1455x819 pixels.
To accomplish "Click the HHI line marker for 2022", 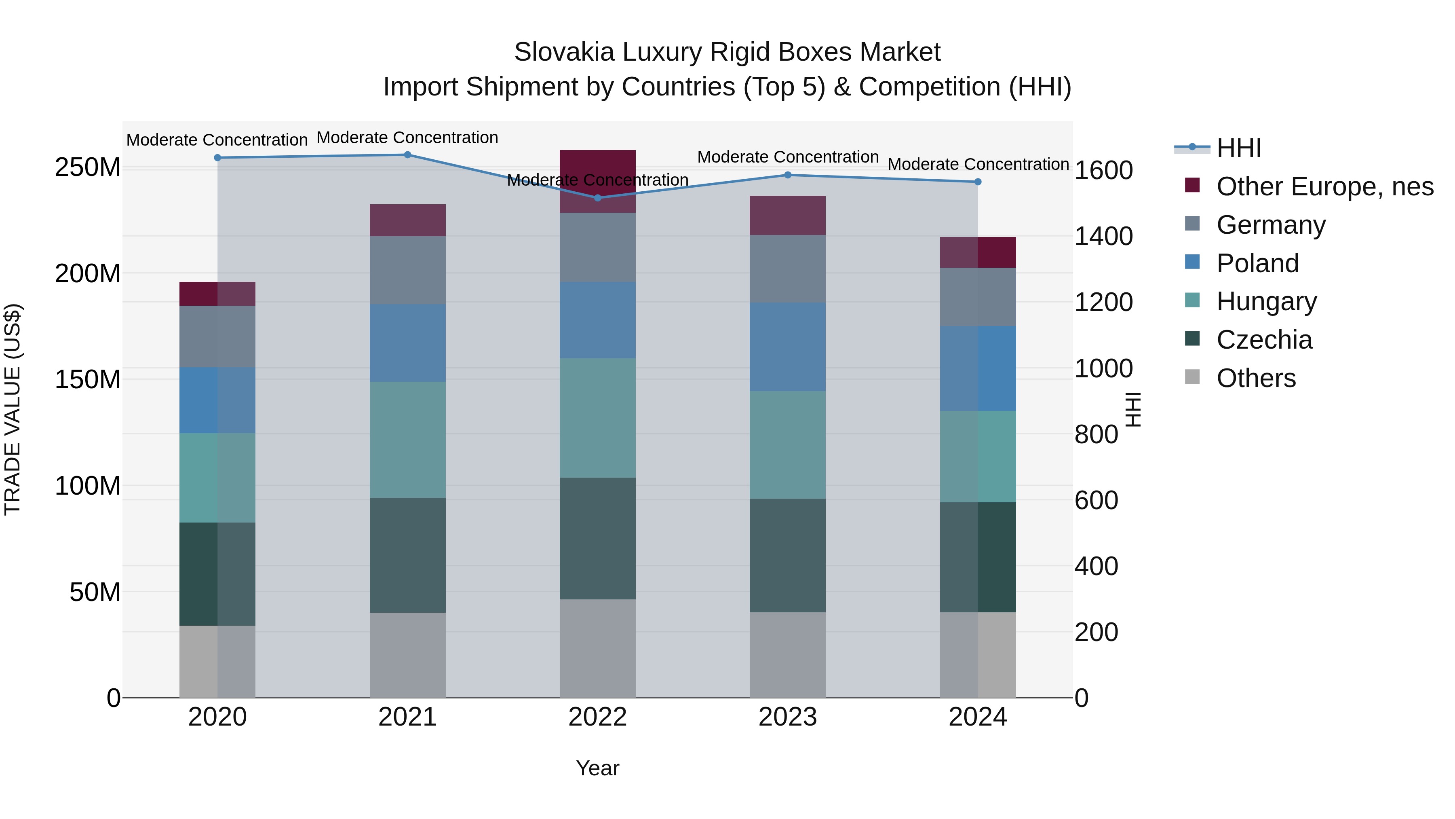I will (x=598, y=198).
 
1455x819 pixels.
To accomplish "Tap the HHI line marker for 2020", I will (x=217, y=158).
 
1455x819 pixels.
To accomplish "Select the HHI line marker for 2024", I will (x=978, y=182).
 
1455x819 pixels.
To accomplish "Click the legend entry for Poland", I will (x=1257, y=263).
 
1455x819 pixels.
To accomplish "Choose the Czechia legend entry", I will (x=1264, y=340).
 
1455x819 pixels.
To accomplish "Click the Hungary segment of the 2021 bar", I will (x=407, y=440).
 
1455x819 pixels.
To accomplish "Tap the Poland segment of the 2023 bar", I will (x=787, y=347).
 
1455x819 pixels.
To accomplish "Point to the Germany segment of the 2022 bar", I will (x=598, y=248).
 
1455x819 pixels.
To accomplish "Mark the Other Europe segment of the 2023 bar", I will (x=787, y=215).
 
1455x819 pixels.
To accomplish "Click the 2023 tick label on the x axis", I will (x=787, y=717).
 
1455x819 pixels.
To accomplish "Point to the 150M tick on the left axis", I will (x=88, y=379).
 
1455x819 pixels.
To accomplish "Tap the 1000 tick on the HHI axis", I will (x=1103, y=368).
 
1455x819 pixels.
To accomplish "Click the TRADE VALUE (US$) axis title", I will (x=13, y=409).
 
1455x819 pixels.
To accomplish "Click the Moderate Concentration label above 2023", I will (x=787, y=157).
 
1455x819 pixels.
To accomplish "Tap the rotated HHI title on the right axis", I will (x=1133, y=409).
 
